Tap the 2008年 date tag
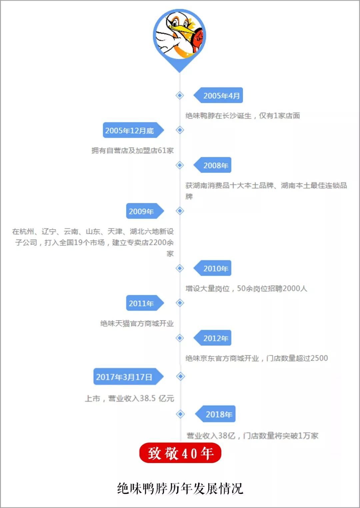coord(215,165)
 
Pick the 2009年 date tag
coord(142,211)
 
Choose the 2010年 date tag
coord(215,268)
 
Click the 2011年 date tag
coord(142,303)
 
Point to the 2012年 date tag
coord(215,338)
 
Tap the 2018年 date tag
coord(218,414)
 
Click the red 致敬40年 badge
coord(180,453)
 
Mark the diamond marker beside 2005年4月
coord(180,96)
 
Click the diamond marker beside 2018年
coord(180,414)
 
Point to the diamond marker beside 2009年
coord(180,211)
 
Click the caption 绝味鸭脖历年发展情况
coord(180,489)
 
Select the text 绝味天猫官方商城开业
coord(137,323)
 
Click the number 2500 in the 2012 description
coord(319,358)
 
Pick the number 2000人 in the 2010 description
coord(295,288)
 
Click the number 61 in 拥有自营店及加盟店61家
coord(162,151)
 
